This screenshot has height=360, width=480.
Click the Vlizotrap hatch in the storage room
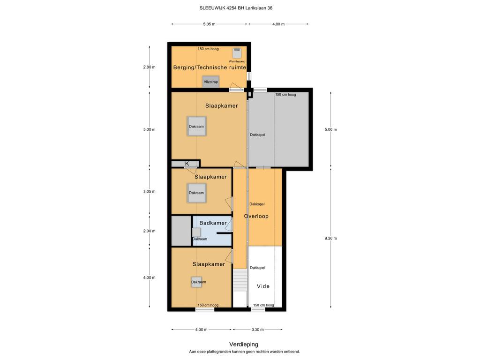(210, 82)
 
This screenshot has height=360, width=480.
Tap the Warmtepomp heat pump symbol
(237, 53)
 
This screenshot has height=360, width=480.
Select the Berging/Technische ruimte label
(210, 67)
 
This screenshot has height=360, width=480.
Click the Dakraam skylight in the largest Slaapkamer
(196, 126)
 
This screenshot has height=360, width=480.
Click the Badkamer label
(213, 223)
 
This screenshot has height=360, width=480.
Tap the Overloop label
(256, 216)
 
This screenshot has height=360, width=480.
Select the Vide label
(263, 286)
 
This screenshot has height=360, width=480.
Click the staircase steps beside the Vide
(240, 280)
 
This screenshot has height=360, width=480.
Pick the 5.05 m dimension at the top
(209, 24)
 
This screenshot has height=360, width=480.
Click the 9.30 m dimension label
(330, 238)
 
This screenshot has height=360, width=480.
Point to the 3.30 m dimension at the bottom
(257, 330)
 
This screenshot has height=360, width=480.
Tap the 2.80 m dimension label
(149, 67)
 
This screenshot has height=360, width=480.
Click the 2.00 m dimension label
(149, 231)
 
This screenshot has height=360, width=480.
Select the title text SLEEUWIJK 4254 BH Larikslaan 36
(236, 8)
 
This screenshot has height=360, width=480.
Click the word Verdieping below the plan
(244, 345)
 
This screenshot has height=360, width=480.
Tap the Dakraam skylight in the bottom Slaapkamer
(197, 282)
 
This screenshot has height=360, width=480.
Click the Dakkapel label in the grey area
(257, 135)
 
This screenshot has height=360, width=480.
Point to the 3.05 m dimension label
(149, 191)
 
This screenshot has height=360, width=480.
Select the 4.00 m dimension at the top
(278, 24)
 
